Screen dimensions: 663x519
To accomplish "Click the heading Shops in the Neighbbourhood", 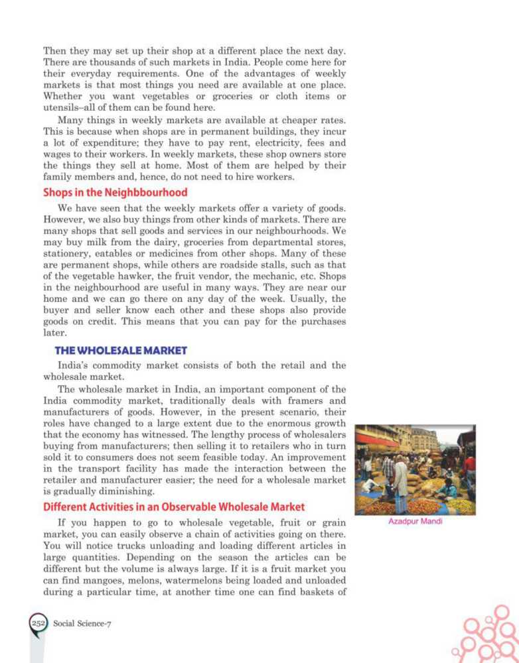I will pos(115,193).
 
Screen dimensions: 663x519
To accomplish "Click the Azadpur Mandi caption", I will pos(415,521).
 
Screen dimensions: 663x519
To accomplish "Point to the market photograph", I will pos(415,469).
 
